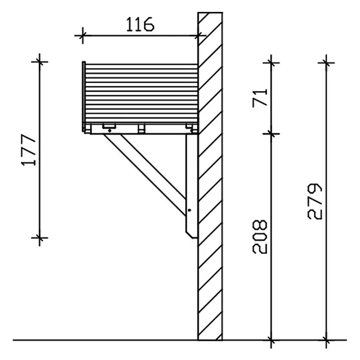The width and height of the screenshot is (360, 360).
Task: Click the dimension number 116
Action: click(x=140, y=24)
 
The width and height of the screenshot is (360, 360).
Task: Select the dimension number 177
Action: click(x=28, y=149)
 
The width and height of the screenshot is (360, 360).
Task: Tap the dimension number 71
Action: click(x=260, y=98)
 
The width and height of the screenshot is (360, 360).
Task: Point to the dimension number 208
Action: click(x=260, y=237)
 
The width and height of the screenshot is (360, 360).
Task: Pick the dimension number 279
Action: click(x=315, y=201)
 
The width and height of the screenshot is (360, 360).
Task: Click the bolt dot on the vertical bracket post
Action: click(x=189, y=210)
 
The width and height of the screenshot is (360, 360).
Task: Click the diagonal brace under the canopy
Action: click(x=145, y=175)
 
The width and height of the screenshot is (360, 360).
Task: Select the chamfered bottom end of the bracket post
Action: click(x=191, y=235)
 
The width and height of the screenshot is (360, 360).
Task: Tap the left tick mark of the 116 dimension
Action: click(x=83, y=35)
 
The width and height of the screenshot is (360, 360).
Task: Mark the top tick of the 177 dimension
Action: click(x=39, y=62)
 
